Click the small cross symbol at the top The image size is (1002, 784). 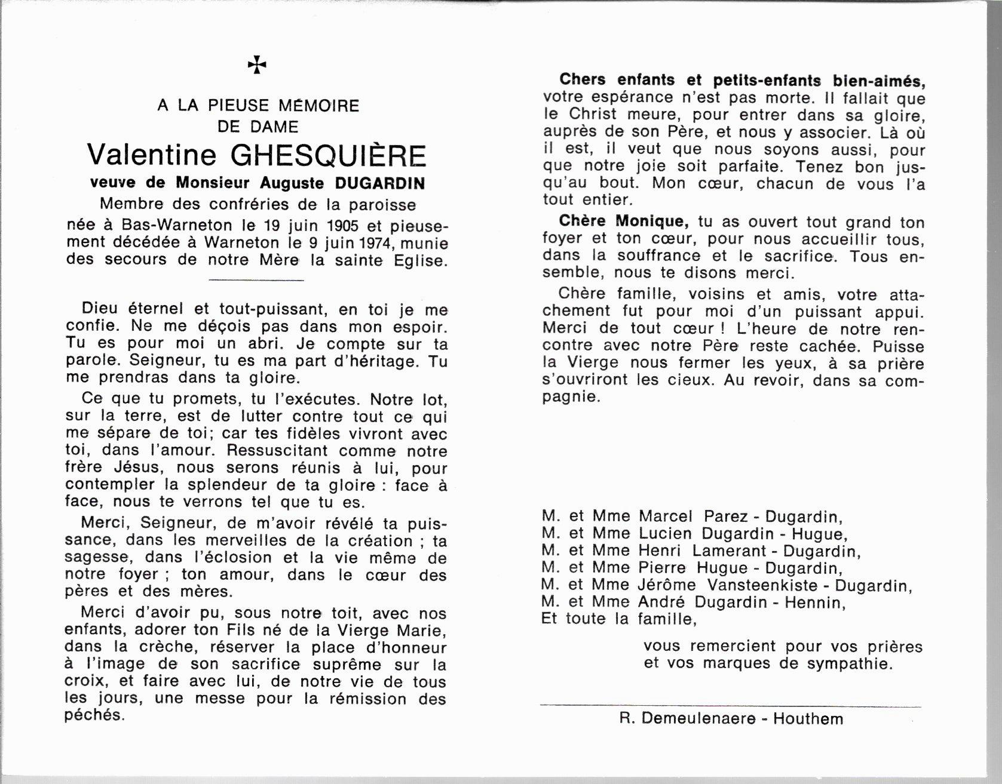pos(257,65)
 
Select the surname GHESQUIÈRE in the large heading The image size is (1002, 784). pos(329,155)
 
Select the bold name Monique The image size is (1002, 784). pos(650,222)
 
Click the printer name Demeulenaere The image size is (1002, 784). pos(697,718)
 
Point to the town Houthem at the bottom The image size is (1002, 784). pos(808,718)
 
